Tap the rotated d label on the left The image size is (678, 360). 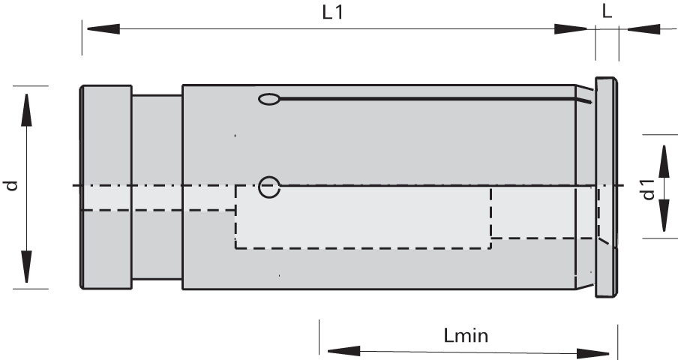[x=10, y=185]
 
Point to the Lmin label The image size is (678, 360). [x=466, y=334]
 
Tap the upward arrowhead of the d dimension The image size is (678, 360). [x=26, y=109]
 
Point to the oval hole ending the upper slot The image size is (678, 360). [x=269, y=99]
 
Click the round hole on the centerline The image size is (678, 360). [x=269, y=186]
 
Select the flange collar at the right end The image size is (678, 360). [x=607, y=187]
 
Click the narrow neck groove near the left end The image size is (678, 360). [x=157, y=187]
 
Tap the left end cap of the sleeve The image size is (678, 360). [x=106, y=187]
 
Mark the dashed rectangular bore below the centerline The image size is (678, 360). [x=363, y=217]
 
